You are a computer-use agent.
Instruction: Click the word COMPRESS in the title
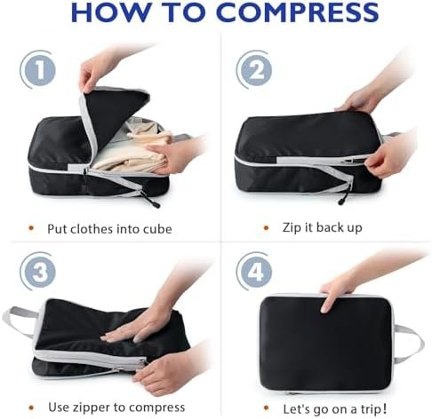(298, 12)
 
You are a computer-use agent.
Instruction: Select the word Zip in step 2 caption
(292, 228)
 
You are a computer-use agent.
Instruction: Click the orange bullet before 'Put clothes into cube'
(31, 228)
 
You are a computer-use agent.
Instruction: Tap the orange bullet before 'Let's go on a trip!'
(266, 407)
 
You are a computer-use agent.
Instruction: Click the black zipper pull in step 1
(152, 201)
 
